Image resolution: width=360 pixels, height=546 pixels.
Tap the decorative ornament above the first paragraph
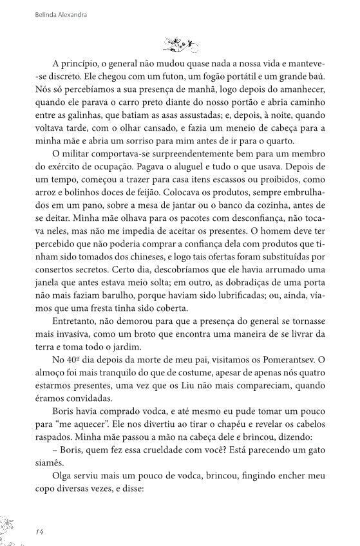(180, 44)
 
